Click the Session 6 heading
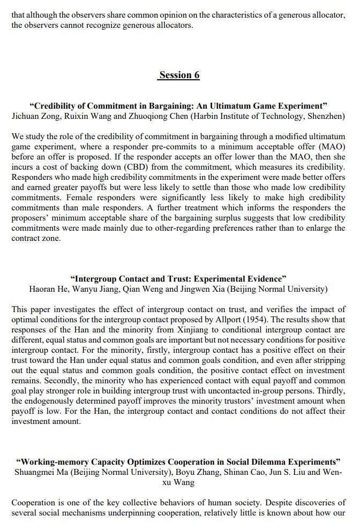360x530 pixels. coord(179,75)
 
